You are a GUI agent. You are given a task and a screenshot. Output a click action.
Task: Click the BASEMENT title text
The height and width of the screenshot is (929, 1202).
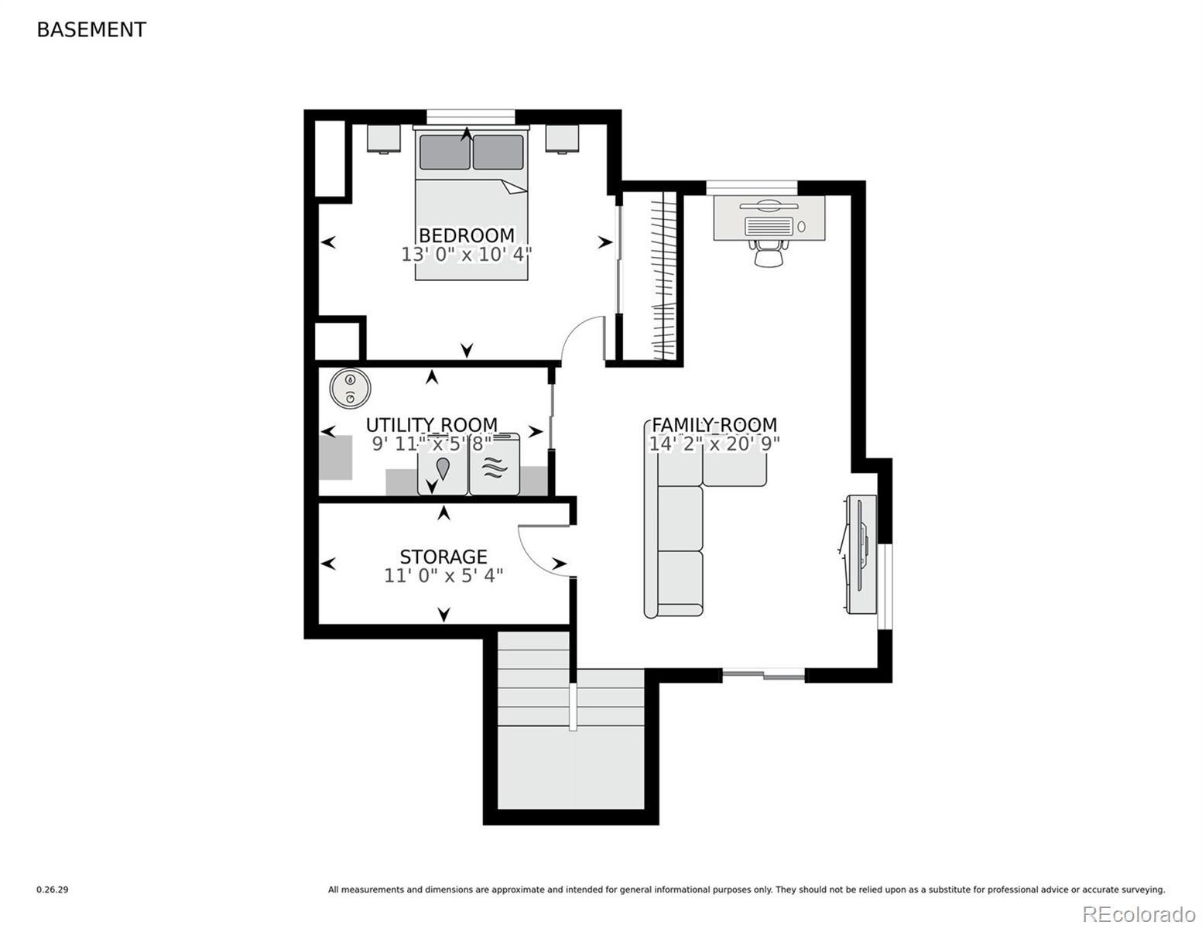click(x=91, y=30)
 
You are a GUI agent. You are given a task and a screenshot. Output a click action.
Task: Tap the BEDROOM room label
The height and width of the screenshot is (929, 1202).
click(x=466, y=235)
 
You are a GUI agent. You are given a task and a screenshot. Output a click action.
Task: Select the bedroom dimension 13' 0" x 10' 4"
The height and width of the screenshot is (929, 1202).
click(x=466, y=255)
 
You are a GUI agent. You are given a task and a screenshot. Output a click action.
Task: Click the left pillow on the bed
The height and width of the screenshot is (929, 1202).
click(x=445, y=153)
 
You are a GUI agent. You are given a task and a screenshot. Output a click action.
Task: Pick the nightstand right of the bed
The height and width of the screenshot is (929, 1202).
click(x=562, y=138)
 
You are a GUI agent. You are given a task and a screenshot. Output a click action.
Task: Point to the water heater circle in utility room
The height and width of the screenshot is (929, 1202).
click(x=350, y=388)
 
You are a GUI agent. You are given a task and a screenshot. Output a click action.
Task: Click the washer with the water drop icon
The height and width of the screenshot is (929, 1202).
click(x=443, y=464)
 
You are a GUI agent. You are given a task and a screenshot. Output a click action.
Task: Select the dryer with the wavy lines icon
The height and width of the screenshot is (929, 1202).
click(x=494, y=464)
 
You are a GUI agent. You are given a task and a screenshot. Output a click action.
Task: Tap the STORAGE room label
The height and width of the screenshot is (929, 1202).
click(x=443, y=557)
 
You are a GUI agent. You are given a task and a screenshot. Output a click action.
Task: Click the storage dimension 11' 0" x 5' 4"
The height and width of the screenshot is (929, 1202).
click(x=443, y=576)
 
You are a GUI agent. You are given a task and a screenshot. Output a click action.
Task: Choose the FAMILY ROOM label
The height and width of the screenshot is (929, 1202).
click(x=714, y=425)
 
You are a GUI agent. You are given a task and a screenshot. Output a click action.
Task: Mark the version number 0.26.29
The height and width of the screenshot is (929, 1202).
click(x=53, y=890)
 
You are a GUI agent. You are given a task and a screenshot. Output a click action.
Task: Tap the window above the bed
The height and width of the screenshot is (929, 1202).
click(x=471, y=117)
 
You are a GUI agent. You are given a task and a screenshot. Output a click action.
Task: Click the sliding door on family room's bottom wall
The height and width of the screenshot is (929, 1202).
click(x=763, y=674)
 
